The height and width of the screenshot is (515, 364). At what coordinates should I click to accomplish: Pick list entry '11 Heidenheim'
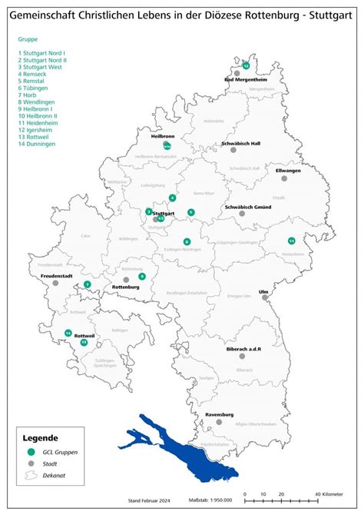click(38, 123)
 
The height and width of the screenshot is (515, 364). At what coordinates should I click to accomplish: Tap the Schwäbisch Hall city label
click(240, 144)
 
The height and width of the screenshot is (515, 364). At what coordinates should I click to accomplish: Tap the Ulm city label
click(263, 291)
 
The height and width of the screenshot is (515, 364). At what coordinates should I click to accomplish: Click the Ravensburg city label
click(219, 414)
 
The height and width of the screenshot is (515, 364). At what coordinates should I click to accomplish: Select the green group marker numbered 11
click(291, 241)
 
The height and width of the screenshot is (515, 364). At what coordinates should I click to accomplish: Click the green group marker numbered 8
click(187, 241)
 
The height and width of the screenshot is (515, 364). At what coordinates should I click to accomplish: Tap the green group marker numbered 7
click(88, 284)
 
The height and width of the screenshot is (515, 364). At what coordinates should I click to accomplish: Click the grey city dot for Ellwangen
click(284, 178)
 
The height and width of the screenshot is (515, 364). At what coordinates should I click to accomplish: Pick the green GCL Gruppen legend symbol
click(31, 452)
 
